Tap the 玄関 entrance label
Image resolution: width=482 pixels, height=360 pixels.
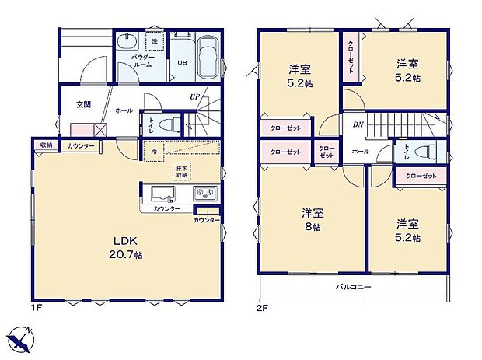[84, 104]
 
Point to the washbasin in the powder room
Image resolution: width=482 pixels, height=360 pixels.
[126, 42]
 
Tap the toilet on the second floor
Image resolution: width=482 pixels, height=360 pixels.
[424, 152]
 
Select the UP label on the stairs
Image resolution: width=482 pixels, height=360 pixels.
[194, 97]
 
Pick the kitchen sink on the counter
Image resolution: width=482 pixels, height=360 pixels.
[164, 194]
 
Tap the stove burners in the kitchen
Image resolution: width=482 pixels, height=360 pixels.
[206, 194]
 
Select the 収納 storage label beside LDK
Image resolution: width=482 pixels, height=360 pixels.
[46, 145]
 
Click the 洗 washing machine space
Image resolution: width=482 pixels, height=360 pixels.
[155, 40]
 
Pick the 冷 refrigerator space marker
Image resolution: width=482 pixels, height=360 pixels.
[154, 151]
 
